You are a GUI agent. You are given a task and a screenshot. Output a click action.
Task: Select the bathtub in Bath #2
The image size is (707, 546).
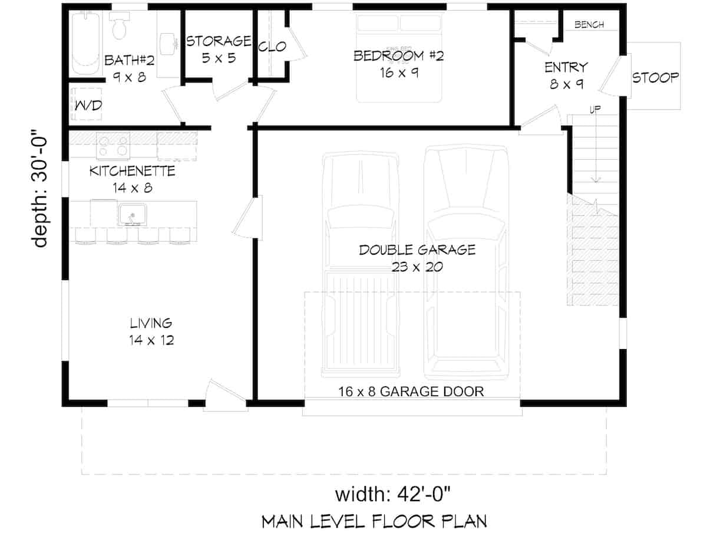(x=85, y=42)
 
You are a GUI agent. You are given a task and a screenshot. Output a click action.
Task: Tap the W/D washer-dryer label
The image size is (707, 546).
(x=87, y=106)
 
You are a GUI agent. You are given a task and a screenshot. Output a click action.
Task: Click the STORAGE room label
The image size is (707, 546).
(x=219, y=41)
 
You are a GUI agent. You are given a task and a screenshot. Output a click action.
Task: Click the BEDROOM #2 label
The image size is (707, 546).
(x=398, y=56)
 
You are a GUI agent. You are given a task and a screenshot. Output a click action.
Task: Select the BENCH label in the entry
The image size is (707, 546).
(x=589, y=25)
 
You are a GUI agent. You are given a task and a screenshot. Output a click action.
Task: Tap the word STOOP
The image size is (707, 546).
(x=655, y=77)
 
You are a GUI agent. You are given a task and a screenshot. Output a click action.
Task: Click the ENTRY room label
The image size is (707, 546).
(x=566, y=67)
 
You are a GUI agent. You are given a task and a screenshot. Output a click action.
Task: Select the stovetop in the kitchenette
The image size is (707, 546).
(x=113, y=146)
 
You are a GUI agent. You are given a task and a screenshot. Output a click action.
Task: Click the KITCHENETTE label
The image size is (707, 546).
(x=132, y=172)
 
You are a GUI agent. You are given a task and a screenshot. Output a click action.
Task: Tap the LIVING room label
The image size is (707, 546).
(x=151, y=323)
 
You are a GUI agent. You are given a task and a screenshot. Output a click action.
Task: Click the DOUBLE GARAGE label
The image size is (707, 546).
(x=417, y=250)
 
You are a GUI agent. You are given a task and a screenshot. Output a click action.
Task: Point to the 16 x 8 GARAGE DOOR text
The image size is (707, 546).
(x=411, y=391)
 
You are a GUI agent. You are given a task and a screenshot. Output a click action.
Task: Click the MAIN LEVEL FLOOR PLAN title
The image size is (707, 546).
(x=374, y=522)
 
